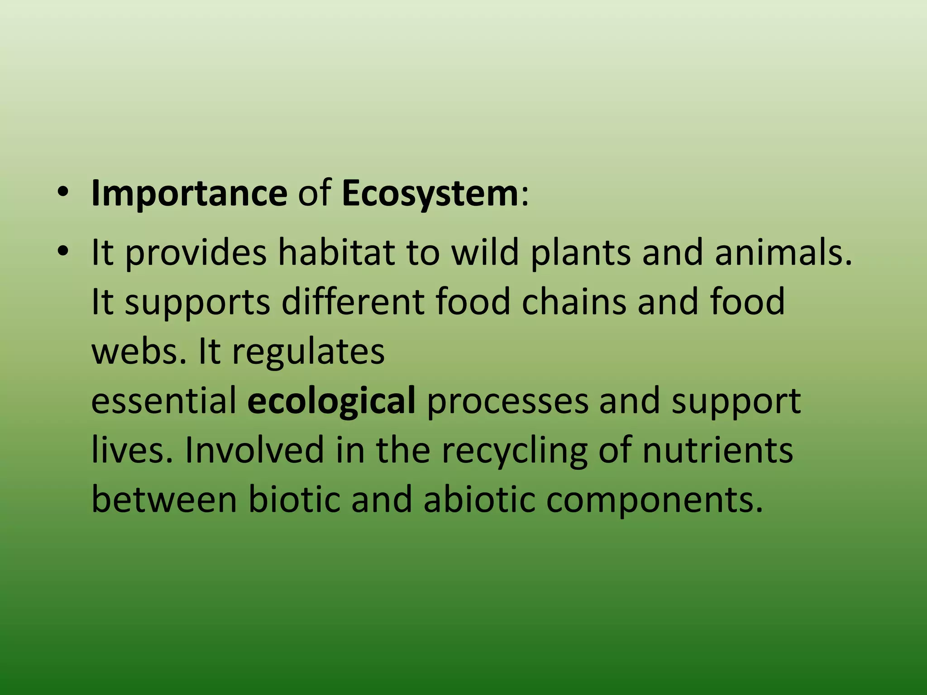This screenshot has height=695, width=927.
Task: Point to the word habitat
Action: pos(337,252)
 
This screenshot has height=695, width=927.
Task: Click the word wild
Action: pos(485,252)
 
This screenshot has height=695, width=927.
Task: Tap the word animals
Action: pos(783,252)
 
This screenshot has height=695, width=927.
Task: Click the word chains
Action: pos(573,301)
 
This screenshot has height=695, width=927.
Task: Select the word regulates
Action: pos(308,352)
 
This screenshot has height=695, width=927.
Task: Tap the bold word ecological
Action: pos(331,401)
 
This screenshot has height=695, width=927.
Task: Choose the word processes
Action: pos(507,401)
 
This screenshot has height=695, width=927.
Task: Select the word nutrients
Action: pos(717,451)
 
